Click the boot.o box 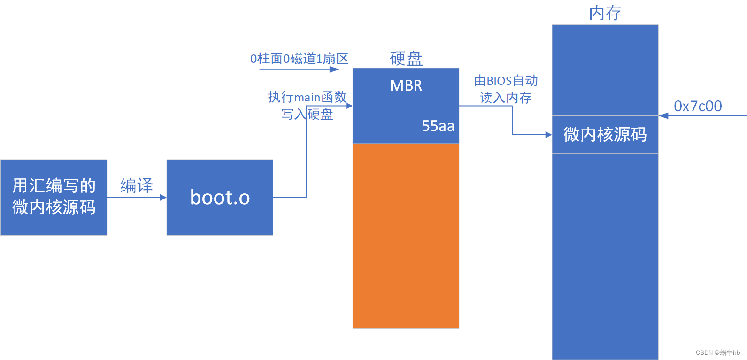220,198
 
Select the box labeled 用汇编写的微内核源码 54,197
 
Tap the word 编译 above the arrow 137,186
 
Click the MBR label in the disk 406,85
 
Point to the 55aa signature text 438,126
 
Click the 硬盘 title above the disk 406,58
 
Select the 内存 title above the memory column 605,13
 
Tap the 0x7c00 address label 698,106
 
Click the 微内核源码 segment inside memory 605,135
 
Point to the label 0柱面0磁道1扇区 299,59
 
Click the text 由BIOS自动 506,81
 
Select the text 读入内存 506,98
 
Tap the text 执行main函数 307,97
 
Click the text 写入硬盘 307,114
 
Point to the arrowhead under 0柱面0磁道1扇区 335,69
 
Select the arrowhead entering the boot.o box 163,198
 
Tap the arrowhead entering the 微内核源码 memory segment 548,135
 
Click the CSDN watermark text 717,352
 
